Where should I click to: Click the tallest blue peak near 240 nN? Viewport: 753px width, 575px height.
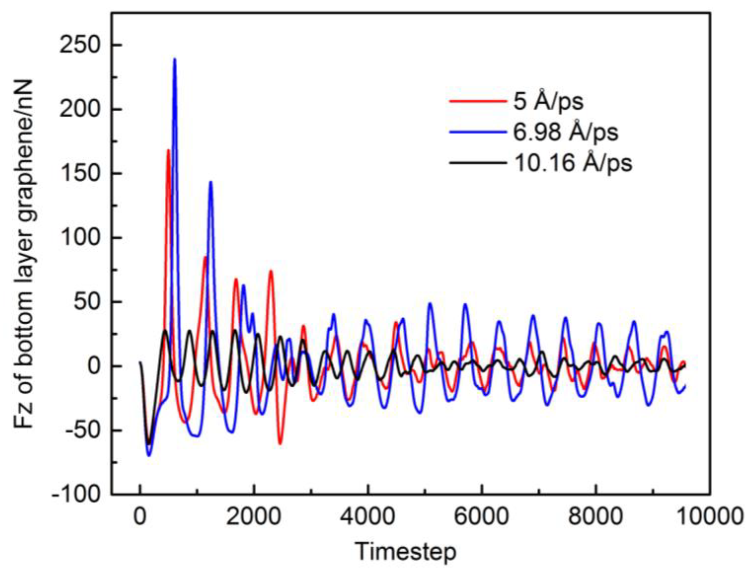coord(175,59)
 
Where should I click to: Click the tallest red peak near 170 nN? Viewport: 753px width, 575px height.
coord(168,150)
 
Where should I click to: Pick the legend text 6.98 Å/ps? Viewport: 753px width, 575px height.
coord(566,132)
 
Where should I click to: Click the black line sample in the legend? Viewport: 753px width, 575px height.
coord(478,163)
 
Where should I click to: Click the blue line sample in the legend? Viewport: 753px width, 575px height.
coord(478,132)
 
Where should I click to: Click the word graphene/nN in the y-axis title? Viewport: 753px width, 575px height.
coord(24,164)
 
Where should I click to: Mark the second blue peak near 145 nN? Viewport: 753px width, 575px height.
coord(210,182)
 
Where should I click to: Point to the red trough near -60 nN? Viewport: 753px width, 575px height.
coord(280,444)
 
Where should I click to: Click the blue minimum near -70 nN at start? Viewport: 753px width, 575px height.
coord(149,455)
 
